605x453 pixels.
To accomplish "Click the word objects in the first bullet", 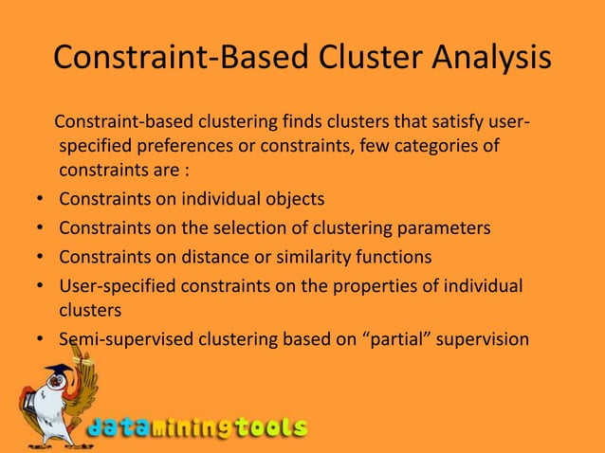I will coord(290,199).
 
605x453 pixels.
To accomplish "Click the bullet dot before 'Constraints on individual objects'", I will coord(40,200).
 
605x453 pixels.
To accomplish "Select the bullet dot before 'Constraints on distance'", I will coord(40,258).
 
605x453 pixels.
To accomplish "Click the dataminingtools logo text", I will coord(197,427).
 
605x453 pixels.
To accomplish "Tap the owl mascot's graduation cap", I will coord(60,369).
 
